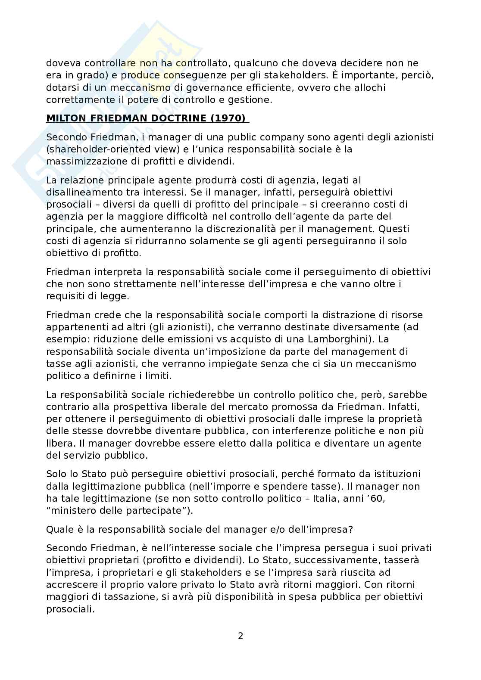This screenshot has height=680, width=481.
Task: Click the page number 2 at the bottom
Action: click(240, 636)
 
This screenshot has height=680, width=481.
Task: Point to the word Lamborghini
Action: click(347, 327)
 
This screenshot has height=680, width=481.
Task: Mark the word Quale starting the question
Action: click(58, 529)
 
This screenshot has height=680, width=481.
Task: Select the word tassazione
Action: click(115, 597)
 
